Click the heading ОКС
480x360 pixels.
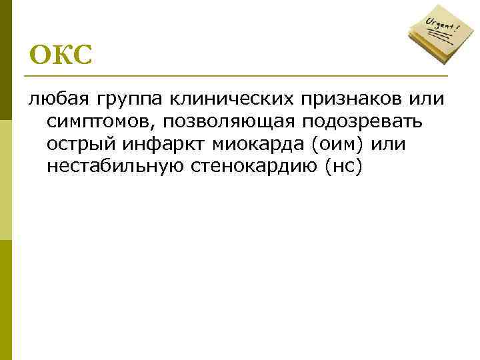point(60,55)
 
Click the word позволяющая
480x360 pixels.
point(229,123)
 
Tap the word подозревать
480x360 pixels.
point(368,123)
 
